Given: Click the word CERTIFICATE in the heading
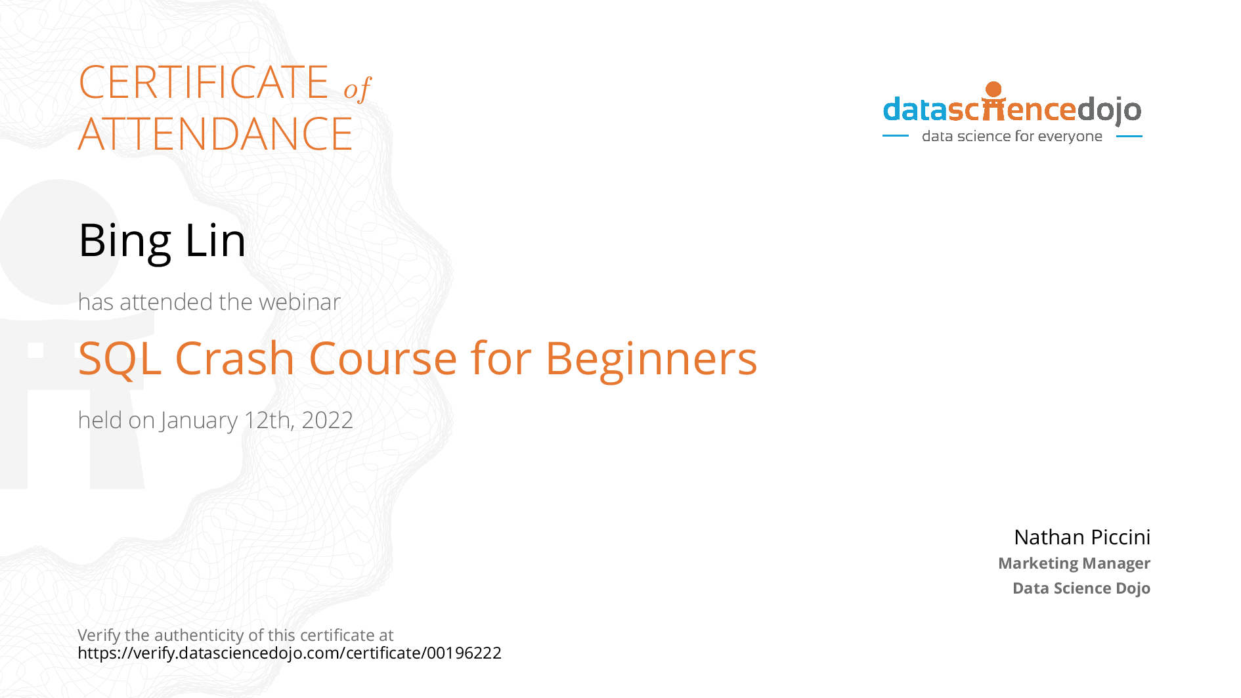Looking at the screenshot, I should (x=204, y=83).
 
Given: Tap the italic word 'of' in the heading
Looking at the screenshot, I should (x=357, y=89).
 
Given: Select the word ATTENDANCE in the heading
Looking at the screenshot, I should (x=215, y=135).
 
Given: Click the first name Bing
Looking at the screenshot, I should (x=125, y=241).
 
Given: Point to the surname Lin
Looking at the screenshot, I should (x=215, y=240).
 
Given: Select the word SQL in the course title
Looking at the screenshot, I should (x=120, y=359).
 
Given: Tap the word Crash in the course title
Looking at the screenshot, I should (x=234, y=359).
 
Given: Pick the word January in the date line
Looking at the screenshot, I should (x=199, y=420).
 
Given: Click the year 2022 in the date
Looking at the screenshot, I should (x=327, y=420).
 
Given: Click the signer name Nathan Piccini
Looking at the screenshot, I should (x=1081, y=537).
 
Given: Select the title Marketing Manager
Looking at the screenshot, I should (x=1074, y=563).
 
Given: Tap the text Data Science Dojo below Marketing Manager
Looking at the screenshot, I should (x=1081, y=588).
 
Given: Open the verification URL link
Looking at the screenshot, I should (x=289, y=653).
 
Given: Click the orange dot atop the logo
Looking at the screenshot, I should (x=993, y=89).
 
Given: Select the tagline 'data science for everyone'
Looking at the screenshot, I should (x=1012, y=137).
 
